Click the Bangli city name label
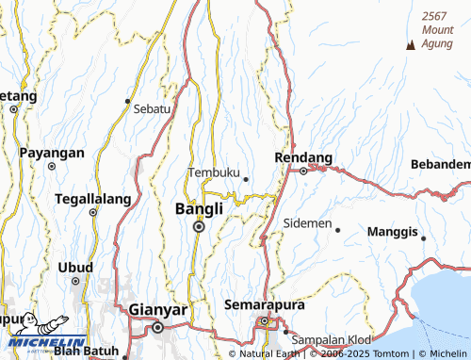[200, 208]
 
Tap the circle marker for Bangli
[199, 226]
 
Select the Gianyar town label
[157, 309]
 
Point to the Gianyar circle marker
[157, 327]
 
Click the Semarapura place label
[260, 305]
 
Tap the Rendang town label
[302, 156]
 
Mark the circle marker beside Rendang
[303, 171]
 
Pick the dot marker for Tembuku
[246, 178]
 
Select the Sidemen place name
[307, 223]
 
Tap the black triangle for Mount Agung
[410, 46]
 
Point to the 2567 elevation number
[434, 16]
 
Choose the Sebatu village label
[152, 108]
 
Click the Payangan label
[52, 153]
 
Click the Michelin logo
[43, 333]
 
